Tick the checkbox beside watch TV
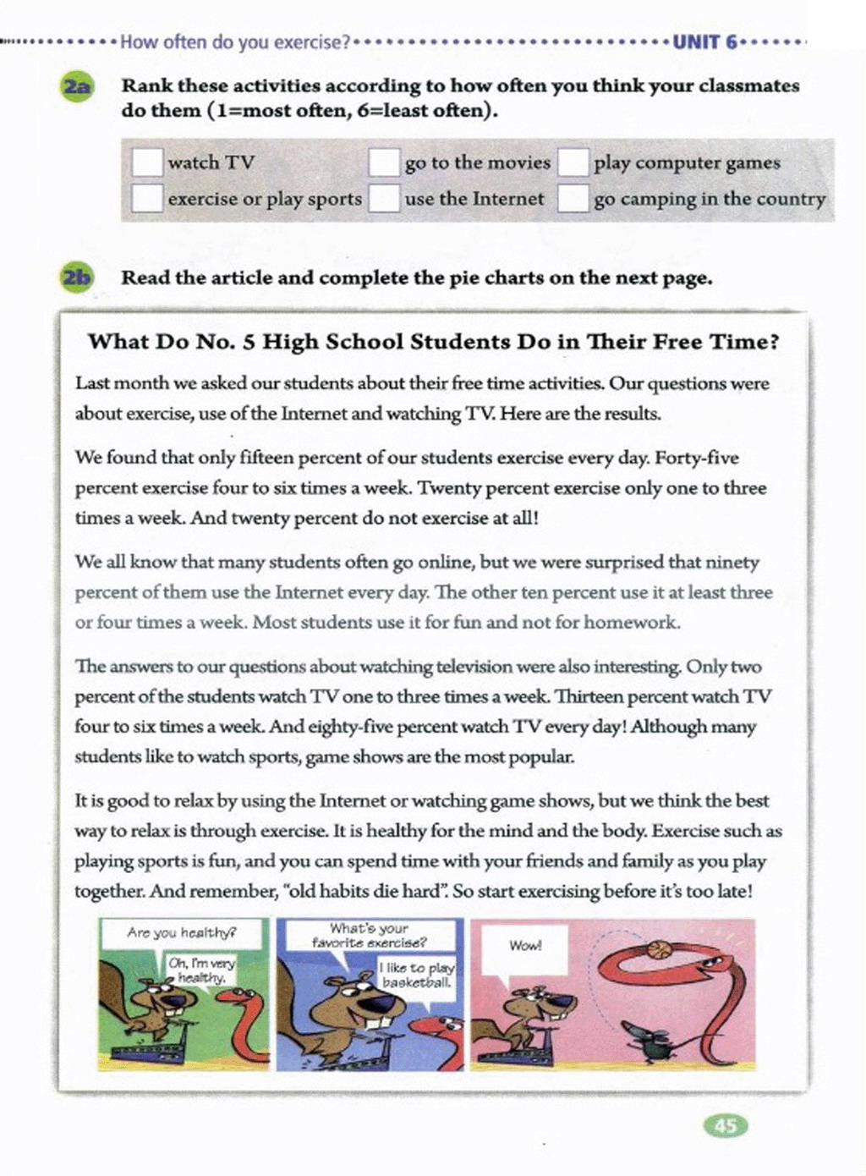tap(147, 162)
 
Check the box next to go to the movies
tap(384, 162)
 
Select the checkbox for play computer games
tap(573, 162)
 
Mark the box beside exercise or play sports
tap(147, 199)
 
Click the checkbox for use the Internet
tap(384, 199)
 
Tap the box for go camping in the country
tap(573, 199)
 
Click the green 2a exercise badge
tap(78, 86)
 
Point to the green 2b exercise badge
tap(78, 278)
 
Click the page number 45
tap(726, 1125)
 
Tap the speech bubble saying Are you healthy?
tap(181, 933)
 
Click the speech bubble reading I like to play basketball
tap(417, 975)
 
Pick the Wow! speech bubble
tap(525, 946)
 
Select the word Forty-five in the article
tap(697, 458)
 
